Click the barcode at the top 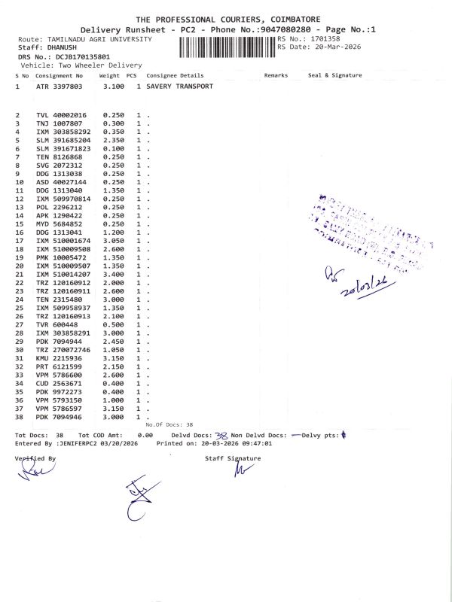[227, 47]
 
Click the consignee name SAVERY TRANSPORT [180, 87]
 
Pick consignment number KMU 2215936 [65, 358]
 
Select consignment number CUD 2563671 [65, 383]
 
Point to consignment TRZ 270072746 [68, 350]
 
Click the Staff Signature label [232, 458]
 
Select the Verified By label [35, 458]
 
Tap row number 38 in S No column [20, 416]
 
